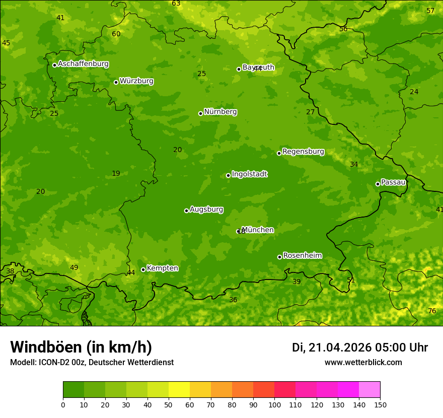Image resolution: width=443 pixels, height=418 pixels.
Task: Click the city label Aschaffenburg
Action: click(83, 64)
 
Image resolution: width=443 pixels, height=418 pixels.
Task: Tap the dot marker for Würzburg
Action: click(116, 82)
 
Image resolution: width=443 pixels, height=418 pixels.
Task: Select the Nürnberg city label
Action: click(220, 112)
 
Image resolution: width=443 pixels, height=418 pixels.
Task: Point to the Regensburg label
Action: click(303, 152)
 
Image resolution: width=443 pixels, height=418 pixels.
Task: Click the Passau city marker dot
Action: click(378, 184)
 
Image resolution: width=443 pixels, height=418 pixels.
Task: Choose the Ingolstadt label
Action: click(249, 174)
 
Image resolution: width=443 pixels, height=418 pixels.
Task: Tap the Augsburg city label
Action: click(206, 210)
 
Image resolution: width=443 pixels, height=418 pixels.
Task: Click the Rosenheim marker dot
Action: click(279, 257)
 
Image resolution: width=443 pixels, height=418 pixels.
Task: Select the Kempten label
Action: click(162, 268)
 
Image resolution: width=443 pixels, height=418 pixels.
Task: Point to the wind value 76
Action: click(432, 311)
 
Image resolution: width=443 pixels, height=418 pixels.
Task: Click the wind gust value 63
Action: click(176, 4)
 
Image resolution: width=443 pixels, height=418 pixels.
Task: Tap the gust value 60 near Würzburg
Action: click(116, 34)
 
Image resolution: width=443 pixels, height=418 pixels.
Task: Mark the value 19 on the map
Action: click(116, 173)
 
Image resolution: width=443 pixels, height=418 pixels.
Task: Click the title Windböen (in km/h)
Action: click(81, 347)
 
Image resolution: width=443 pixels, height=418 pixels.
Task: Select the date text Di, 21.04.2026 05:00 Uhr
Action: click(360, 347)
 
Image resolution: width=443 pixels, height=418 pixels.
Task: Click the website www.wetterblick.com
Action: click(363, 362)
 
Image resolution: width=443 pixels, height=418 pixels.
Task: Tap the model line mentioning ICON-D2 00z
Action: click(92, 362)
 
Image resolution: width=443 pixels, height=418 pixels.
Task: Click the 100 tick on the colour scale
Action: click(274, 404)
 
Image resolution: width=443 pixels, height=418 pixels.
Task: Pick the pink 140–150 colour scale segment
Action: click(370, 390)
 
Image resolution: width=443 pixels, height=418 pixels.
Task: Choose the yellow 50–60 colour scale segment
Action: click(179, 390)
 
